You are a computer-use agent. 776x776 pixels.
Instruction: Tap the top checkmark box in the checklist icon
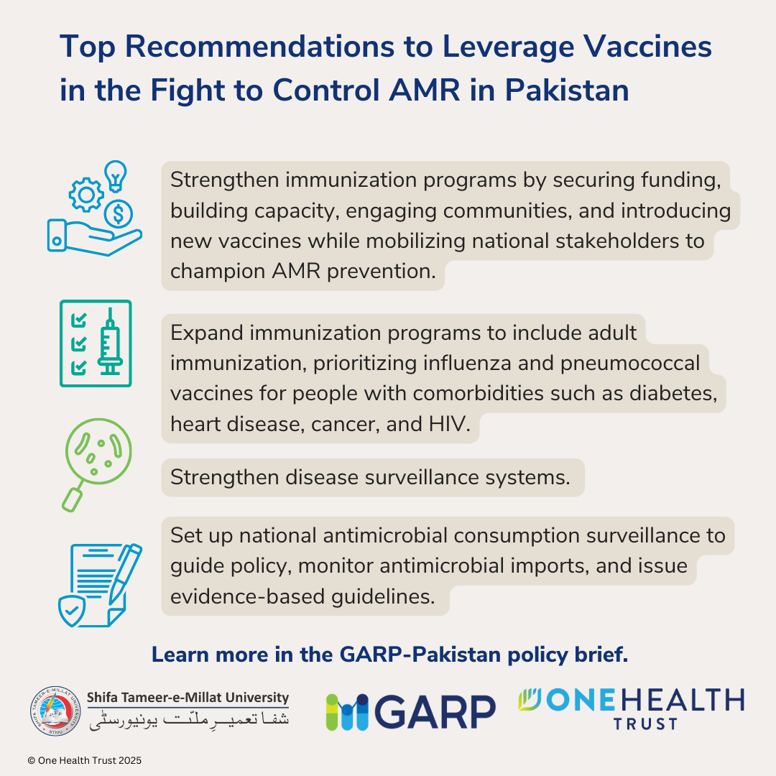tap(80, 318)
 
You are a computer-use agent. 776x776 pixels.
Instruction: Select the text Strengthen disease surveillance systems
tap(370, 478)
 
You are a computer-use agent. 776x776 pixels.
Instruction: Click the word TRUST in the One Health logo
tap(644, 723)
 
